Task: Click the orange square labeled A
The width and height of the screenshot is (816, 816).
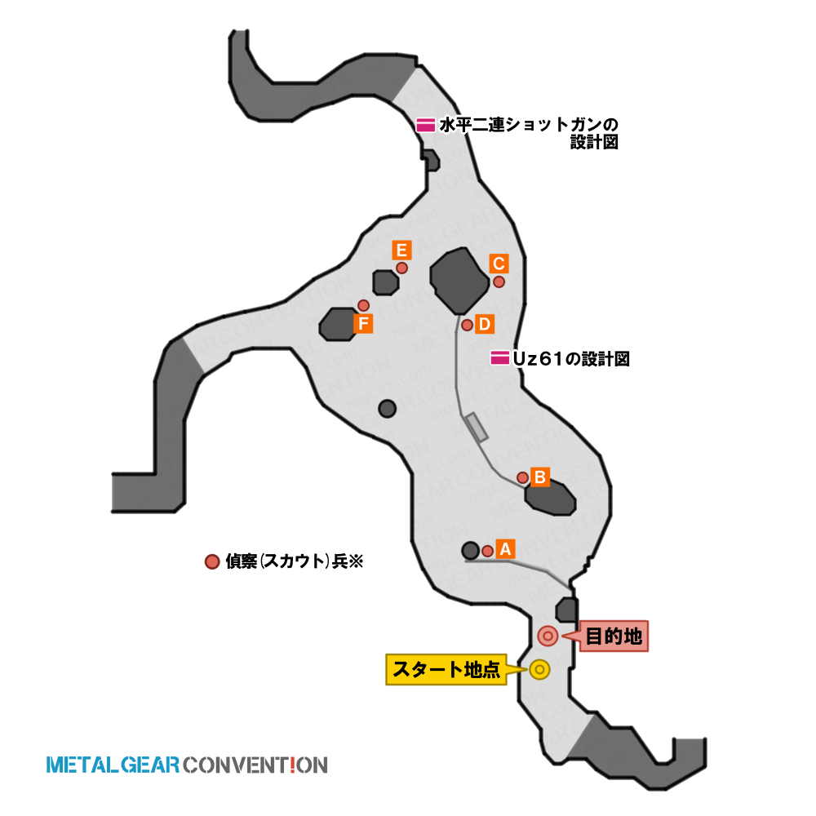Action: click(x=505, y=549)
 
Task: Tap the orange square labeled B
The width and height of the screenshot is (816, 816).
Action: click(x=539, y=477)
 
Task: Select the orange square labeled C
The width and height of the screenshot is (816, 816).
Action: click(x=499, y=264)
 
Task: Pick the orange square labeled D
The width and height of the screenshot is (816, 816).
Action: click(x=484, y=324)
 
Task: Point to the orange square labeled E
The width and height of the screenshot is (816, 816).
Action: click(x=401, y=251)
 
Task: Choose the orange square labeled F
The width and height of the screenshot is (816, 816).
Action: click(x=363, y=324)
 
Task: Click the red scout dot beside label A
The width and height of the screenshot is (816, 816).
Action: click(x=488, y=551)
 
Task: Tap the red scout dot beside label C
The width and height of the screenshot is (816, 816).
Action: click(x=499, y=282)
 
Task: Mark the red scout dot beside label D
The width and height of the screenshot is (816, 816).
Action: click(x=468, y=326)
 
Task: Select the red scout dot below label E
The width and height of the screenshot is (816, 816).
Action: click(x=401, y=268)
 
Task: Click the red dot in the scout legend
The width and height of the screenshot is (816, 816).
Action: click(x=212, y=561)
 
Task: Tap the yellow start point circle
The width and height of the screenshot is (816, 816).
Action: click(x=539, y=669)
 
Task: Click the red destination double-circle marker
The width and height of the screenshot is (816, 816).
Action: click(x=548, y=636)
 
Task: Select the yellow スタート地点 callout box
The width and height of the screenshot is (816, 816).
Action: click(x=446, y=669)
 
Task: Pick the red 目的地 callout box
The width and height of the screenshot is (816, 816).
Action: click(x=614, y=636)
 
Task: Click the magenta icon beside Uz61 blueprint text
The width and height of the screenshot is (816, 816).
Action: click(x=499, y=358)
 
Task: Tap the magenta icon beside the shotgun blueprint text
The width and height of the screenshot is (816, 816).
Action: click(x=426, y=125)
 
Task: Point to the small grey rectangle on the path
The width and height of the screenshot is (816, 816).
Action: click(x=477, y=428)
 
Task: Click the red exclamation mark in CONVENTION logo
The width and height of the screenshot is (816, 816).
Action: click(x=292, y=765)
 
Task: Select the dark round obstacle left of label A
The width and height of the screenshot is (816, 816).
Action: click(x=471, y=551)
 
